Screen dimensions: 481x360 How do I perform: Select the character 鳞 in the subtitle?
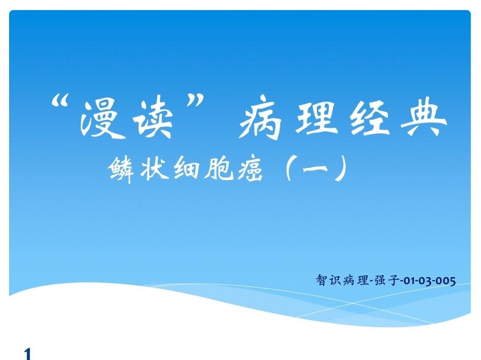click(122, 169)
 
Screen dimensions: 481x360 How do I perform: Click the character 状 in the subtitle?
click(154, 168)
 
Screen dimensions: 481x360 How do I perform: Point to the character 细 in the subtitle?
click(186, 168)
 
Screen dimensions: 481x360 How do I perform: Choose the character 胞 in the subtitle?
click(217, 168)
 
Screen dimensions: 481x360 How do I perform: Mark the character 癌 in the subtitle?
click(248, 169)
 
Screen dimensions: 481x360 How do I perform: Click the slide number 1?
click(28, 353)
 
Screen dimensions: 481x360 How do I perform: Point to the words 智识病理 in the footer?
click(342, 280)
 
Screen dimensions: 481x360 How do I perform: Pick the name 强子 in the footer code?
click(387, 280)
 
